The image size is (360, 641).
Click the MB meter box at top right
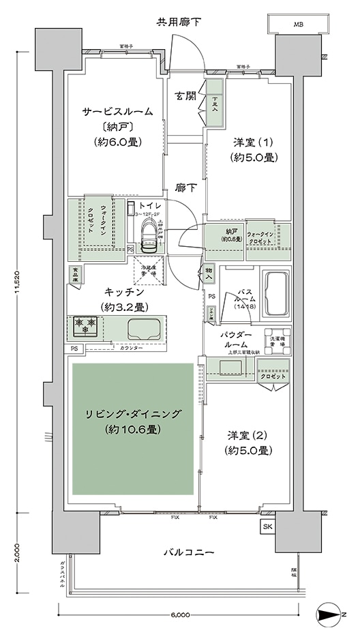click(x=297, y=24)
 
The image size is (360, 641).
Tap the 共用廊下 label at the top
click(x=179, y=22)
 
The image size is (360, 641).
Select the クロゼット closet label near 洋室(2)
click(x=273, y=376)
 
